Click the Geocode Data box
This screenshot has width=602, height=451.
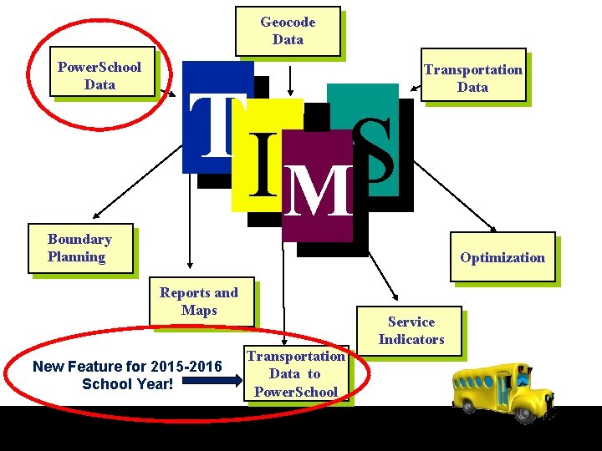pos(288,31)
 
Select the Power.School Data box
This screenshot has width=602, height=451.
pos(99,75)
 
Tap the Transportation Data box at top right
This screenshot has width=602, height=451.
pos(472,79)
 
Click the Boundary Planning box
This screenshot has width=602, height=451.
pos(79,248)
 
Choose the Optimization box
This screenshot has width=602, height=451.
pos(502,257)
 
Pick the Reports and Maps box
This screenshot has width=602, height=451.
pos(199,302)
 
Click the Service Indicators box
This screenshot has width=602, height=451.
pos(411,331)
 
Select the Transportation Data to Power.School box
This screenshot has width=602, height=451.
pos(296,374)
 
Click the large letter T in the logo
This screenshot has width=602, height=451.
pos(218,126)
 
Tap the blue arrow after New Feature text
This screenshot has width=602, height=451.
pos(208,381)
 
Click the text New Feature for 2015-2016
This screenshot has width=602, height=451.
pos(127,367)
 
